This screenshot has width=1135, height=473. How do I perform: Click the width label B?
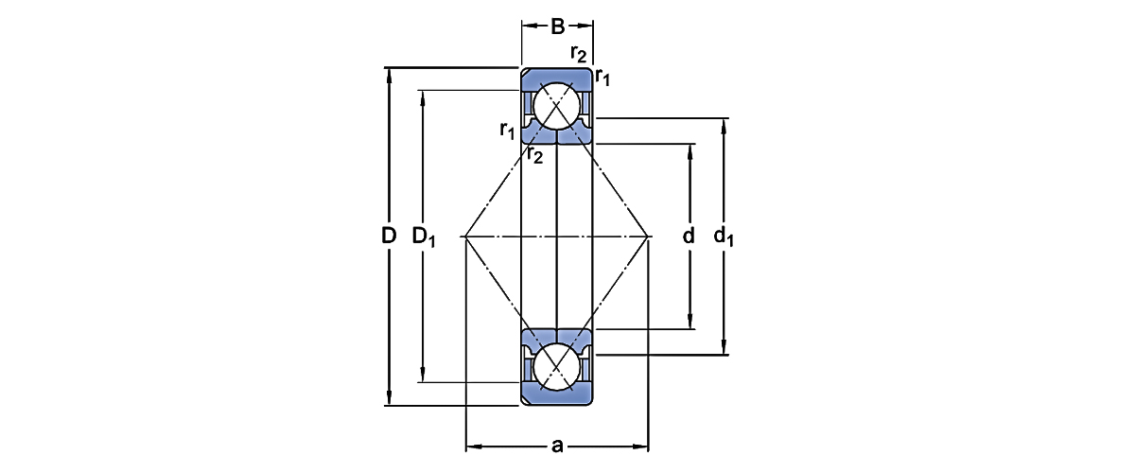click(x=558, y=26)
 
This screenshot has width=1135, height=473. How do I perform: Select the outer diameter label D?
click(x=388, y=236)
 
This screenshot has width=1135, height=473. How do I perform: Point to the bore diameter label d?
click(x=689, y=236)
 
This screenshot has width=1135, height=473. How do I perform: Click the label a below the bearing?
click(x=557, y=444)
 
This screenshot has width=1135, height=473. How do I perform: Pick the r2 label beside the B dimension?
click(x=579, y=53)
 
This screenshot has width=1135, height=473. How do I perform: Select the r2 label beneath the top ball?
click(x=534, y=154)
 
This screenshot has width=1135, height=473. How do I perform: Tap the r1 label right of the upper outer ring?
click(x=602, y=78)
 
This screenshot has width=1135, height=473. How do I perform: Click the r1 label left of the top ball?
click(x=507, y=130)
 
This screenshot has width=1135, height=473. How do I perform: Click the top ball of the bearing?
click(x=556, y=105)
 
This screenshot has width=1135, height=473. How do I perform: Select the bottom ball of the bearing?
click(x=556, y=366)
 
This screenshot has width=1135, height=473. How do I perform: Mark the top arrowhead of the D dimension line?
click(x=389, y=74)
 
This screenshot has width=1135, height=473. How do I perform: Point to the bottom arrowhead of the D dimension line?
click(x=389, y=400)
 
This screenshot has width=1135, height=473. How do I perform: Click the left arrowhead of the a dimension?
click(x=472, y=444)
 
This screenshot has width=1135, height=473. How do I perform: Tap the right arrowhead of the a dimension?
click(x=642, y=444)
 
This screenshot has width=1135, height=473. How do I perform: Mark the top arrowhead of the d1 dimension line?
click(x=725, y=124)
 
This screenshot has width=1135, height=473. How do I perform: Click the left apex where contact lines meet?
click(x=465, y=236)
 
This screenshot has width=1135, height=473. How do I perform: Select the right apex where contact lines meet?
click(x=649, y=236)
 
